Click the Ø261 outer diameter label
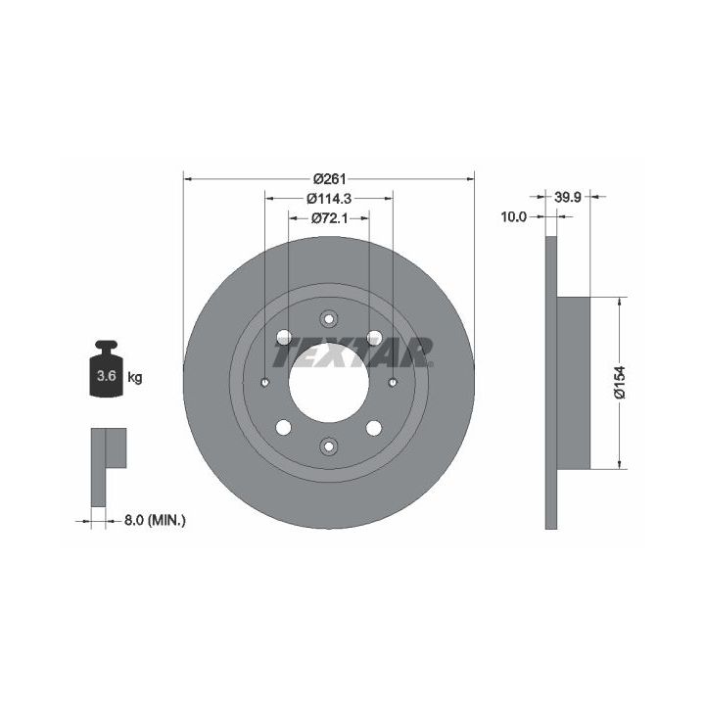330,179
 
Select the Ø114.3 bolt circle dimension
329,198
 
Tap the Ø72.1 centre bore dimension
330,218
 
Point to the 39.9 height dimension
567,197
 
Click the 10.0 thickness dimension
513,216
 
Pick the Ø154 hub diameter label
620,382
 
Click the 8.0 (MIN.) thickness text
155,521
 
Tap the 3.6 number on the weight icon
107,375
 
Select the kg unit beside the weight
135,377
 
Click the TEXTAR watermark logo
353,352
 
